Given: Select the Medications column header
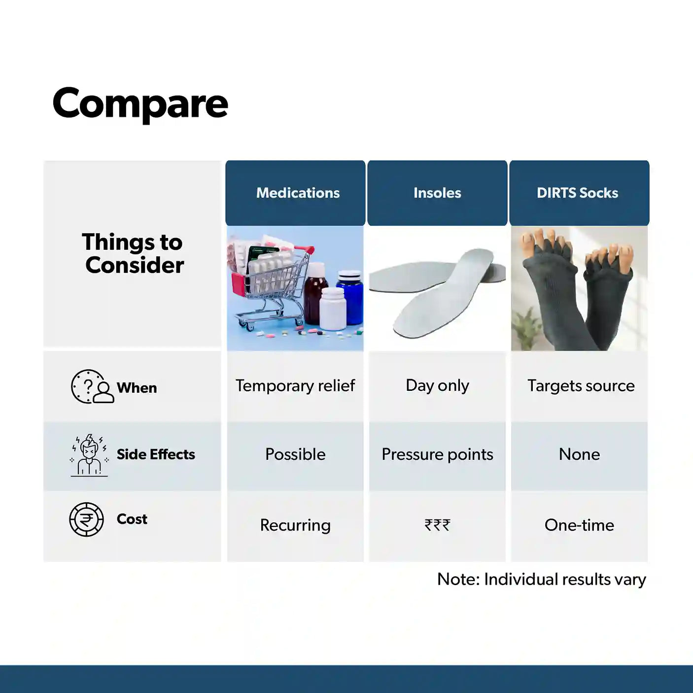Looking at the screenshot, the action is [295, 193].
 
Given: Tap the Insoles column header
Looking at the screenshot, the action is [437, 193].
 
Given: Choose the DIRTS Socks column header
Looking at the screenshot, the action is [579, 193].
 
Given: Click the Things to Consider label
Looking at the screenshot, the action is [133, 253].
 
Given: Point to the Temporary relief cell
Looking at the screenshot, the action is [295, 385].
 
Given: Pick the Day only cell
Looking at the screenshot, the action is [437, 385].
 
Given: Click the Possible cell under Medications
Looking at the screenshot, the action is [295, 454].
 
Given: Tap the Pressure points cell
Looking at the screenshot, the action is [437, 454].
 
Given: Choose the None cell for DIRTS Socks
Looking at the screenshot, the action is [579, 454].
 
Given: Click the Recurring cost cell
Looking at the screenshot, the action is [295, 525].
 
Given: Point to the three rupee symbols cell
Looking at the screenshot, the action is [437, 525].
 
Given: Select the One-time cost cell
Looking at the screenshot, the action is [579, 525].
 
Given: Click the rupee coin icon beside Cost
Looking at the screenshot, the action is [86, 520].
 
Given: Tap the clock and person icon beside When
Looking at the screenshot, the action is [93, 386].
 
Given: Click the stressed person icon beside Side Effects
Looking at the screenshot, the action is [89, 455].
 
